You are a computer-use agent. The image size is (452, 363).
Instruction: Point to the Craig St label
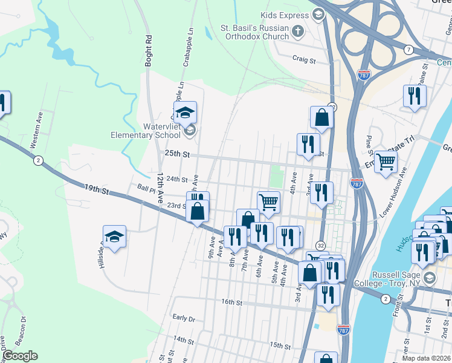(304, 60)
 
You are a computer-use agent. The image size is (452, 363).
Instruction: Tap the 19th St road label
(95, 190)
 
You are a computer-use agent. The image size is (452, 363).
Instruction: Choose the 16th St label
(231, 301)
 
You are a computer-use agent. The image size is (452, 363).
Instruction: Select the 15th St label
(280, 345)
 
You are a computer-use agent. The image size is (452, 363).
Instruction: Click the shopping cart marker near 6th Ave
(268, 201)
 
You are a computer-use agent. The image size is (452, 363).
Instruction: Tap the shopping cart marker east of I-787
(386, 161)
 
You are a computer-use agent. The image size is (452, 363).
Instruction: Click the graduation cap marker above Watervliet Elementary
(186, 111)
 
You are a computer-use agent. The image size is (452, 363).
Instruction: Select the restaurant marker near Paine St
(415, 96)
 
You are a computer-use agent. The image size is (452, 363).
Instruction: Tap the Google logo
(20, 356)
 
